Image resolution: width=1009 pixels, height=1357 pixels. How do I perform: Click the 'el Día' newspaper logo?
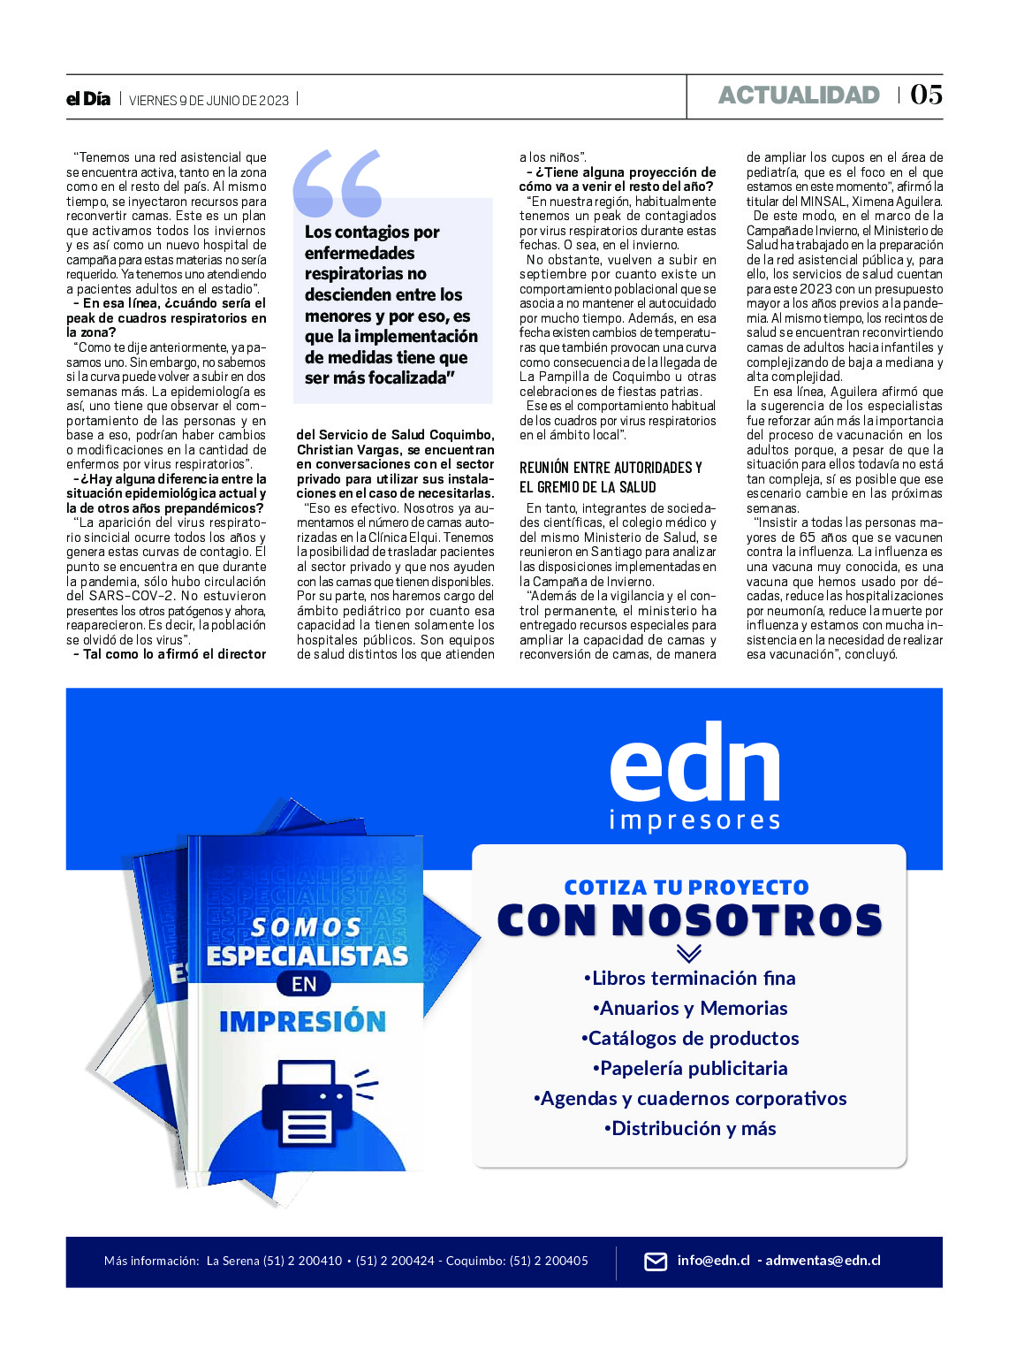[88, 99]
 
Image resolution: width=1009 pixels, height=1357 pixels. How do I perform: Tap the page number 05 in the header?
[926, 95]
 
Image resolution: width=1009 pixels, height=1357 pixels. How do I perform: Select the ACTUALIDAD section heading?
[799, 95]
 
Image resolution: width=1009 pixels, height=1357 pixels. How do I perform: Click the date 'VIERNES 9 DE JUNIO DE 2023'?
[209, 100]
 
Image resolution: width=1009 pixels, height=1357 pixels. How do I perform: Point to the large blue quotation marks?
[338, 183]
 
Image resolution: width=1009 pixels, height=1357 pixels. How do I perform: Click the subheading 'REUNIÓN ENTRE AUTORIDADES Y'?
[611, 468]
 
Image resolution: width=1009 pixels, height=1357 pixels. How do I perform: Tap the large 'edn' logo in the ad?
[694, 763]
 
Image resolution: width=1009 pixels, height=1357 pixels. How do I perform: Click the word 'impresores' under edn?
[694, 821]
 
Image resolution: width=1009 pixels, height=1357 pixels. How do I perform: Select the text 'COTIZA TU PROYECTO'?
[687, 888]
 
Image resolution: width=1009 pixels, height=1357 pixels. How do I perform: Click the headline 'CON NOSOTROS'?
[690, 920]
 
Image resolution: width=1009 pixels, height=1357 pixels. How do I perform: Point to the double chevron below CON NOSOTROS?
[688, 954]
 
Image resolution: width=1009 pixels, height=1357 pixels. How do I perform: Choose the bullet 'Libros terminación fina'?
[690, 979]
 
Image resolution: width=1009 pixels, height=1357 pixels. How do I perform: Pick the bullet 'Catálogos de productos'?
[690, 1039]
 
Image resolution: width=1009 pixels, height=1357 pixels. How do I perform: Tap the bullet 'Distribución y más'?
[690, 1129]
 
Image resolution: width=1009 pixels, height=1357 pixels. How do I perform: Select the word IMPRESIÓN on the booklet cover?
[302, 1022]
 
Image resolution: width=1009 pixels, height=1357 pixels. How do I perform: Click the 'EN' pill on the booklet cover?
[304, 984]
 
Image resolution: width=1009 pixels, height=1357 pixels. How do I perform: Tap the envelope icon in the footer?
[656, 1262]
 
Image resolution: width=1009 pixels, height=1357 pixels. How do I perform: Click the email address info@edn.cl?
[713, 1261]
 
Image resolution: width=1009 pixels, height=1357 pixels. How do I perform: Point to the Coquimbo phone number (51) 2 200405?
[548, 1261]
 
